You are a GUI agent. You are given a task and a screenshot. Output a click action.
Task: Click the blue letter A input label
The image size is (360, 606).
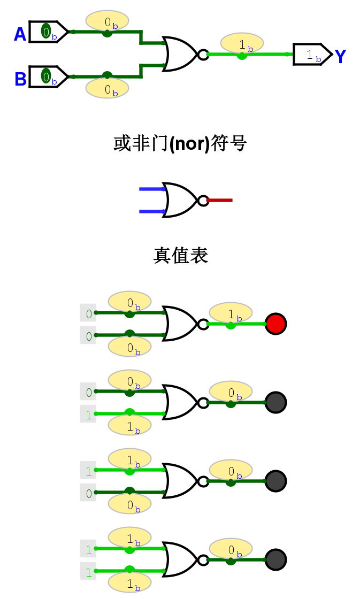pyautogui.click(x=20, y=35)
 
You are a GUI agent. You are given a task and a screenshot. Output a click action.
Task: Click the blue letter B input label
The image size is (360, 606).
pyautogui.click(x=20, y=79)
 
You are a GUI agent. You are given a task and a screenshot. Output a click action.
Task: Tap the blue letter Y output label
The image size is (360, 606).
pyautogui.click(x=340, y=56)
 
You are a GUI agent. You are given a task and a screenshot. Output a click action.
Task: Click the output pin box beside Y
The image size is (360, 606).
pyautogui.click(x=312, y=55)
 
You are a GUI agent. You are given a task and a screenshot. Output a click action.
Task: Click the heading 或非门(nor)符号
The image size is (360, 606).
pyautogui.click(x=180, y=144)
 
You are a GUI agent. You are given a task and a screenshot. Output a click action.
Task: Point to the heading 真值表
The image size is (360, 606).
pyautogui.click(x=180, y=256)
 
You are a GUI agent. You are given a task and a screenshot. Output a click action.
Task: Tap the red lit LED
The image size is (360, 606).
pyautogui.click(x=276, y=324)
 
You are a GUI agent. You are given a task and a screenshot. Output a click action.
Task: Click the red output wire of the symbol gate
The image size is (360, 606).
pyautogui.click(x=220, y=201)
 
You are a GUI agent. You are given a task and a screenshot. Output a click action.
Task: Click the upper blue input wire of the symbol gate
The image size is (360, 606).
pyautogui.click(x=151, y=189)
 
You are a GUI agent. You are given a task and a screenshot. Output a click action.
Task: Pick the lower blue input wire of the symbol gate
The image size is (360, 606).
pyautogui.click(x=151, y=211)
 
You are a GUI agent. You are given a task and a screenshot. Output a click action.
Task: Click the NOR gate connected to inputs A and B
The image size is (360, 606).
pyautogui.click(x=181, y=54)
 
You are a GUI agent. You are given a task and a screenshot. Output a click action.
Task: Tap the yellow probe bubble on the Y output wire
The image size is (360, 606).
pyautogui.click(x=242, y=43)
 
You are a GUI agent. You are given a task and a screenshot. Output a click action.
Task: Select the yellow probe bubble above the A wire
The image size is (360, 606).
pyautogui.click(x=107, y=21)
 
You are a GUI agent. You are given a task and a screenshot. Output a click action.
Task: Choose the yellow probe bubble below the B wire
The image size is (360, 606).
pyautogui.click(x=107, y=88)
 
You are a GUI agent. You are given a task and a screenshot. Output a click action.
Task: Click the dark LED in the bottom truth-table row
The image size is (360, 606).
pyautogui.click(x=276, y=559)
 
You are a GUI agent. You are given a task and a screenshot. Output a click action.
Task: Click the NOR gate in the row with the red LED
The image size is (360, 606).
pyautogui.click(x=181, y=324)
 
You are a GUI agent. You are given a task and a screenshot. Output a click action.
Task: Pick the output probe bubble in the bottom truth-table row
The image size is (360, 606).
pyautogui.click(x=231, y=549)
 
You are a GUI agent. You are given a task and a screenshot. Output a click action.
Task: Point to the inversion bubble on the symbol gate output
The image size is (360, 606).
pyautogui.click(x=203, y=201)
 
